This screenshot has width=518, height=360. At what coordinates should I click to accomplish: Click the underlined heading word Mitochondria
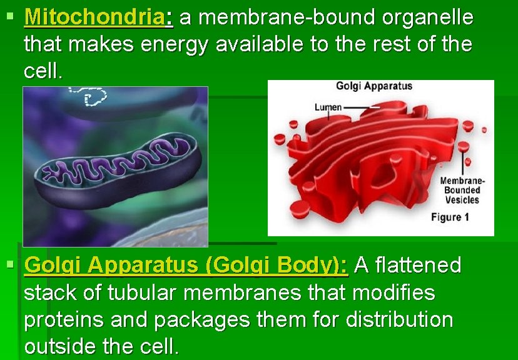click(x=95, y=17)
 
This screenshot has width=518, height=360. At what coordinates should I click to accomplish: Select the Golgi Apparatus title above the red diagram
click(x=374, y=86)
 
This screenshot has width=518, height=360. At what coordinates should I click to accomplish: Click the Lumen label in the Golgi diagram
click(x=328, y=107)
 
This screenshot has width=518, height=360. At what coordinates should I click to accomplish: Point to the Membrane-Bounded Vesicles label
click(x=462, y=190)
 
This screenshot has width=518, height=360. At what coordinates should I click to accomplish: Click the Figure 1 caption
click(x=450, y=217)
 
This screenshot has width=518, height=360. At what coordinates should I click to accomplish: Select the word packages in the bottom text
click(x=195, y=319)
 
